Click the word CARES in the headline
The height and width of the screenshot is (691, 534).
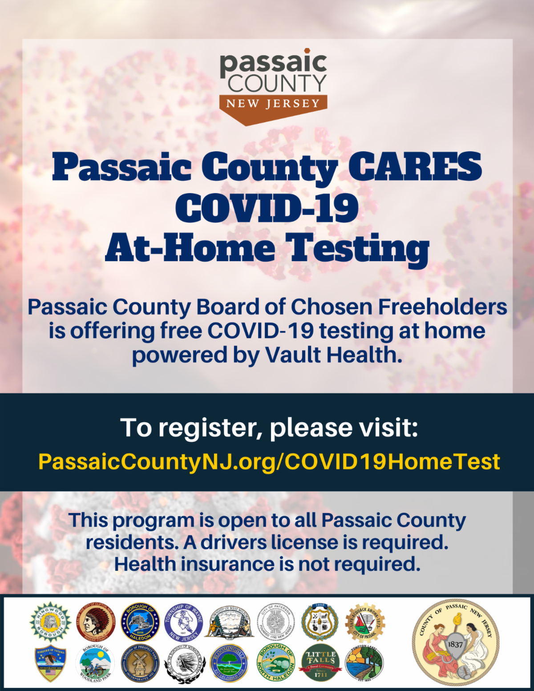pos(415,167)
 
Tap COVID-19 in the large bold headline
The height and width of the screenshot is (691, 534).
pos(267,208)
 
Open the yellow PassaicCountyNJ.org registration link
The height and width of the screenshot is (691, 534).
pos(269,462)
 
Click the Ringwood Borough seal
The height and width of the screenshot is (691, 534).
pos(50,622)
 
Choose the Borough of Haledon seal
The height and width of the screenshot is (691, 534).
pos(140,622)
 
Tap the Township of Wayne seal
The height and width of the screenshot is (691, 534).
pos(184,622)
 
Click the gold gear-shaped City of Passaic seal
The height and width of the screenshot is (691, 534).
pos(365,622)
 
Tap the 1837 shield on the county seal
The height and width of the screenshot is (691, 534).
pos(455,644)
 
